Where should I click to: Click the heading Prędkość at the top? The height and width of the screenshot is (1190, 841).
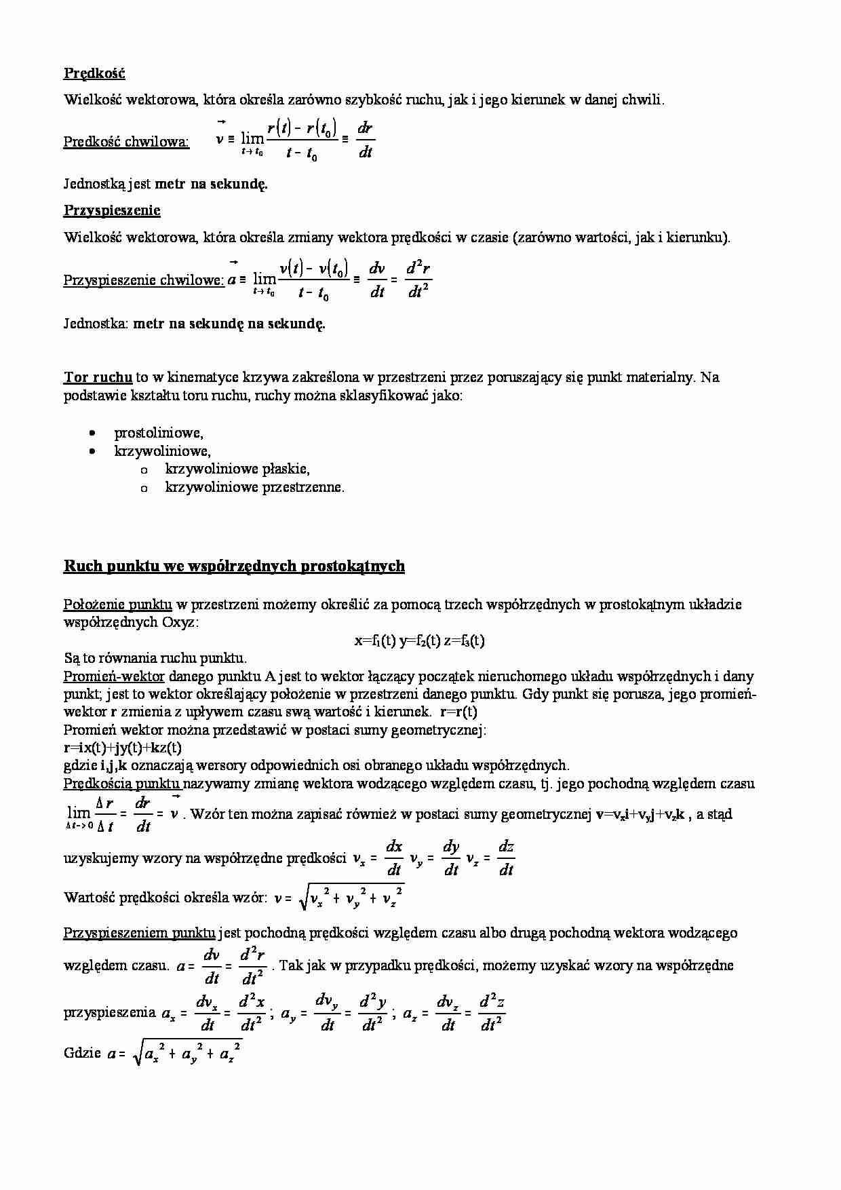94,73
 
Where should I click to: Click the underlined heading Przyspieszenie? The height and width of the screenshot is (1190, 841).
112,210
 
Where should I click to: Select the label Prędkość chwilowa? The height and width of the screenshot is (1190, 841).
127,142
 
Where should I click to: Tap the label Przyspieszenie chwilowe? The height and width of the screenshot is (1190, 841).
144,280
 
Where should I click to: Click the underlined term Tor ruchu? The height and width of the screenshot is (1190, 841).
98,377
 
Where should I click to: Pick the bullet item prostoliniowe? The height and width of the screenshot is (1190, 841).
159,433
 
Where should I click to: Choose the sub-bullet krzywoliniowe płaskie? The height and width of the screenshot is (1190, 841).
237,469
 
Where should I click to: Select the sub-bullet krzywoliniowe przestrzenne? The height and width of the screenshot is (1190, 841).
254,487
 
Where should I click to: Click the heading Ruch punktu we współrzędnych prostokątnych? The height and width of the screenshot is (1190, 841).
234,566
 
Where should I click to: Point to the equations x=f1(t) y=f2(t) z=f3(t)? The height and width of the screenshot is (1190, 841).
419,640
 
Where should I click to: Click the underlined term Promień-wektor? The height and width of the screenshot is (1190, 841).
114,676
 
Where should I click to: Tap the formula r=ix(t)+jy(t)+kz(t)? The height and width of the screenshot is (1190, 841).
123,748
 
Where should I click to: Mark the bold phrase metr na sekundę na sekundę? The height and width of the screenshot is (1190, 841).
229,324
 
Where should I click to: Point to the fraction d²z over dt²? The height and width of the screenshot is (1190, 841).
492,1014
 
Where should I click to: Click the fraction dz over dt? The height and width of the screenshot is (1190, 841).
506,858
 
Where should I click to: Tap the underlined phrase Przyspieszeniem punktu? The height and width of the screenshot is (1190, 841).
139,933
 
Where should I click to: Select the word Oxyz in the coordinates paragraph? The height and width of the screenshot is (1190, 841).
178,622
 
